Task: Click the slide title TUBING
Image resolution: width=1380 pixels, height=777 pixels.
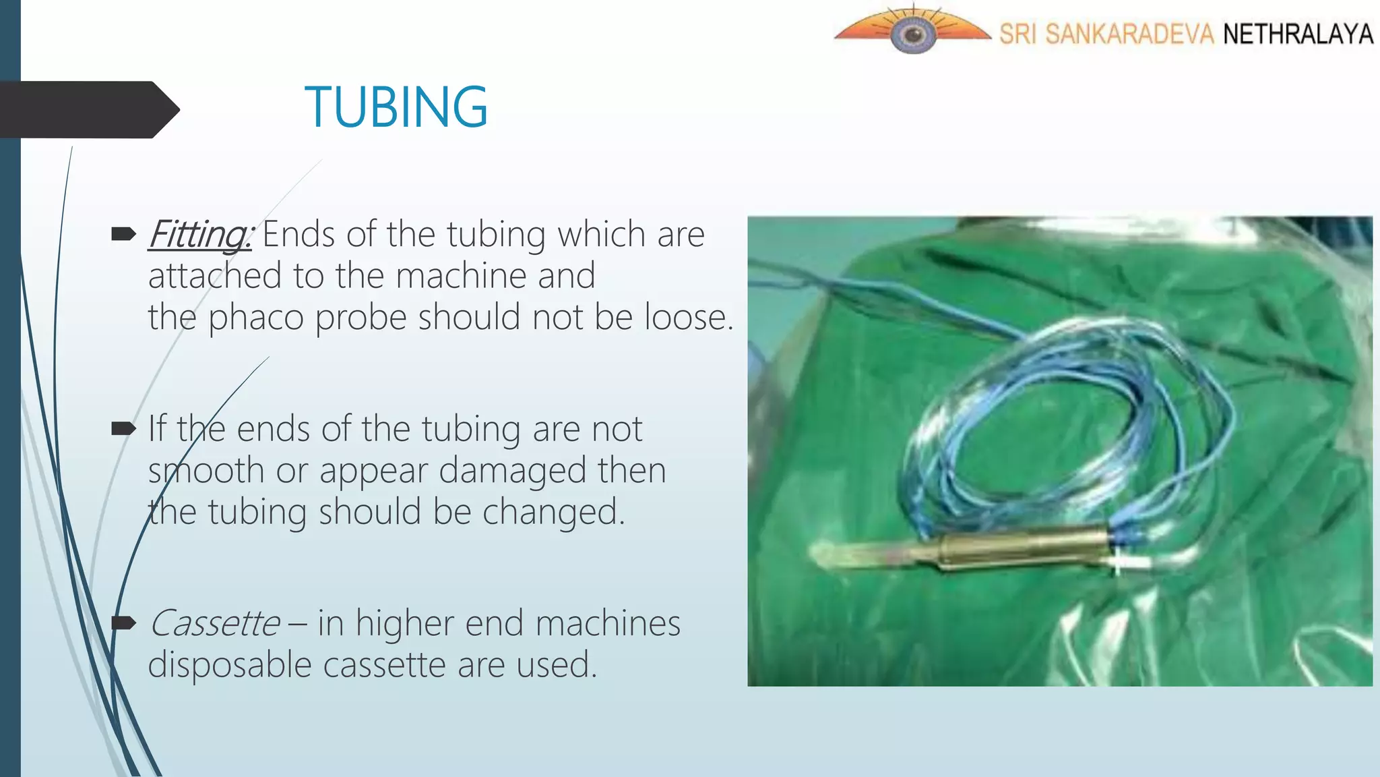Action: click(x=396, y=107)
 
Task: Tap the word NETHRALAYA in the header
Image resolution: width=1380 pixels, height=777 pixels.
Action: click(x=1298, y=34)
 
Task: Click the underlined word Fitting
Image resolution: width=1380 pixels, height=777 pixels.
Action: click(x=199, y=235)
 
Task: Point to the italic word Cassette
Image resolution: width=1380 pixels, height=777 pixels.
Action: click(x=214, y=623)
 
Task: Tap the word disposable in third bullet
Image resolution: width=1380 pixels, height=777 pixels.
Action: click(x=230, y=665)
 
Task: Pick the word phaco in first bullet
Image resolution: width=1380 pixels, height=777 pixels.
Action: click(x=255, y=318)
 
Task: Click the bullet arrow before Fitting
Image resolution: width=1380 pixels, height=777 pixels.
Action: click(x=123, y=235)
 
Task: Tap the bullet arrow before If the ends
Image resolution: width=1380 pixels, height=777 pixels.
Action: click(x=123, y=428)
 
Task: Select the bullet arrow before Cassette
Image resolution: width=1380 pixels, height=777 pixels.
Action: click(x=123, y=623)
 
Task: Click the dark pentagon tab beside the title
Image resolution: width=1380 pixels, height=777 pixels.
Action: click(x=88, y=110)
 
